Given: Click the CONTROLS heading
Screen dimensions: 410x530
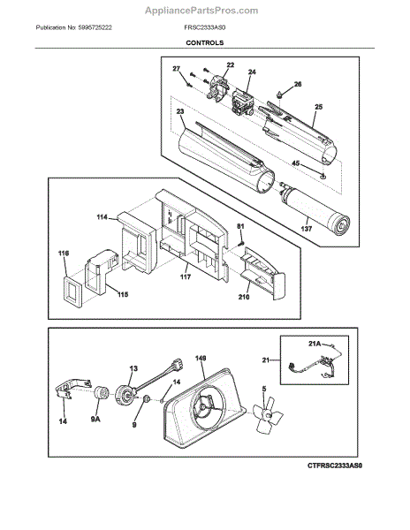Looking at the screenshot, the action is [204, 43].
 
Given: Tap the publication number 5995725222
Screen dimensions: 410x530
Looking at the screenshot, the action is [95, 27].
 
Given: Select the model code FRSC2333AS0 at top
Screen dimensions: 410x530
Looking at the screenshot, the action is [204, 27].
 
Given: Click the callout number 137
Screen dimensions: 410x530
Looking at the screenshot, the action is [307, 229].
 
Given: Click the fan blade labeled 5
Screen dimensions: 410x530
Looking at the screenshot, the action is [268, 414].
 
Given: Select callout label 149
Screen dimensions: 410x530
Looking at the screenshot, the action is [201, 358].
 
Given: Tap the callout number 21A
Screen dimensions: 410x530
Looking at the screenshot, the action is [315, 344].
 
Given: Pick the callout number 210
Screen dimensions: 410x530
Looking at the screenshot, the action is [244, 297].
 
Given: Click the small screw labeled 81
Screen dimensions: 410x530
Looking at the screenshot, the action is [241, 243].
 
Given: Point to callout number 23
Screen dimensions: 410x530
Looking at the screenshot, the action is [180, 111].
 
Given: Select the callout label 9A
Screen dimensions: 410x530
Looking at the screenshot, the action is [95, 419].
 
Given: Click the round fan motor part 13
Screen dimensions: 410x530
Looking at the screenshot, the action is [125, 395].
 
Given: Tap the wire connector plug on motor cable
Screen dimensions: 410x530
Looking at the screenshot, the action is [177, 365].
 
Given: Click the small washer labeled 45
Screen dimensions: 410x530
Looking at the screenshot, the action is [323, 175].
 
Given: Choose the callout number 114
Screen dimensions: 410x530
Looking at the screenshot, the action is [102, 217].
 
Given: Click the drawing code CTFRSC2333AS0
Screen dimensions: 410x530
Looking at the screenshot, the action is [335, 466].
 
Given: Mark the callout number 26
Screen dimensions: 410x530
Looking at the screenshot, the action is [298, 84].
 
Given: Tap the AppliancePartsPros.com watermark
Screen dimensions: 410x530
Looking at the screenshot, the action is [201, 11].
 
